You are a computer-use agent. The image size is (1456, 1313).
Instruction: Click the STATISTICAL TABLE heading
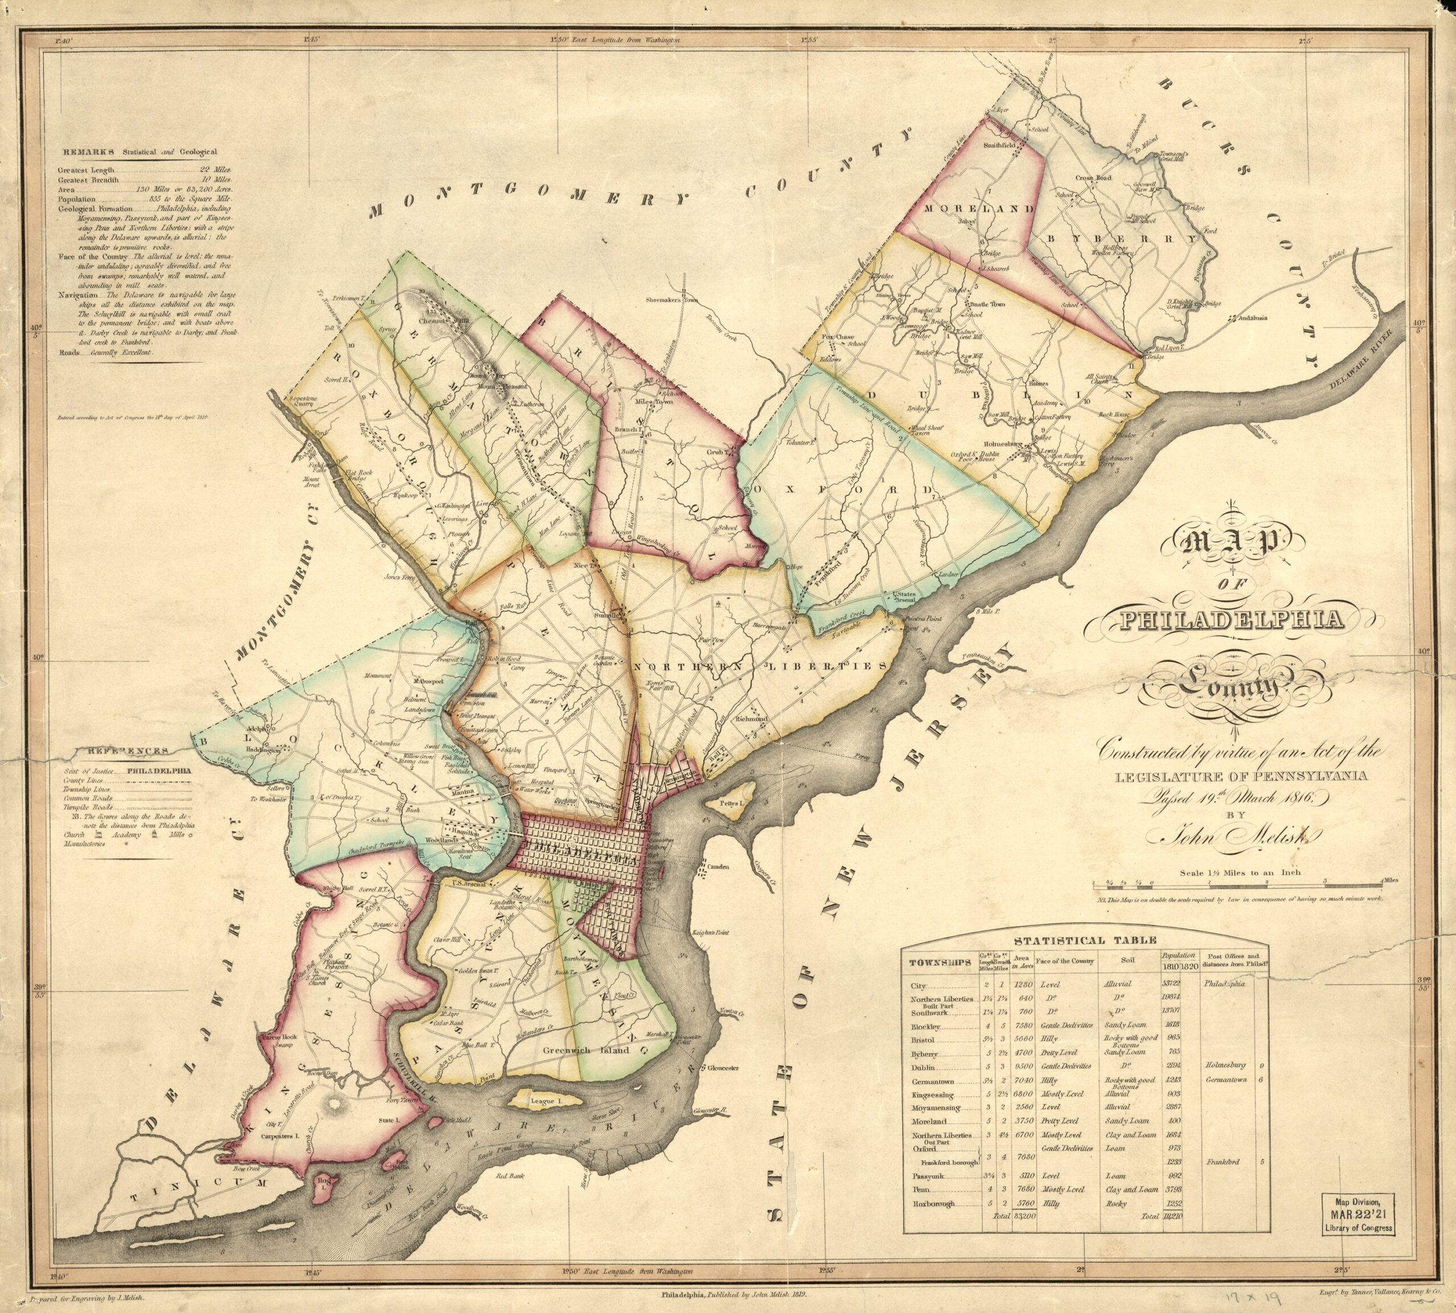pyautogui.click(x=1085, y=940)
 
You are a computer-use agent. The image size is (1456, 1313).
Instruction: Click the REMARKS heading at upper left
pyautogui.click(x=89, y=152)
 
